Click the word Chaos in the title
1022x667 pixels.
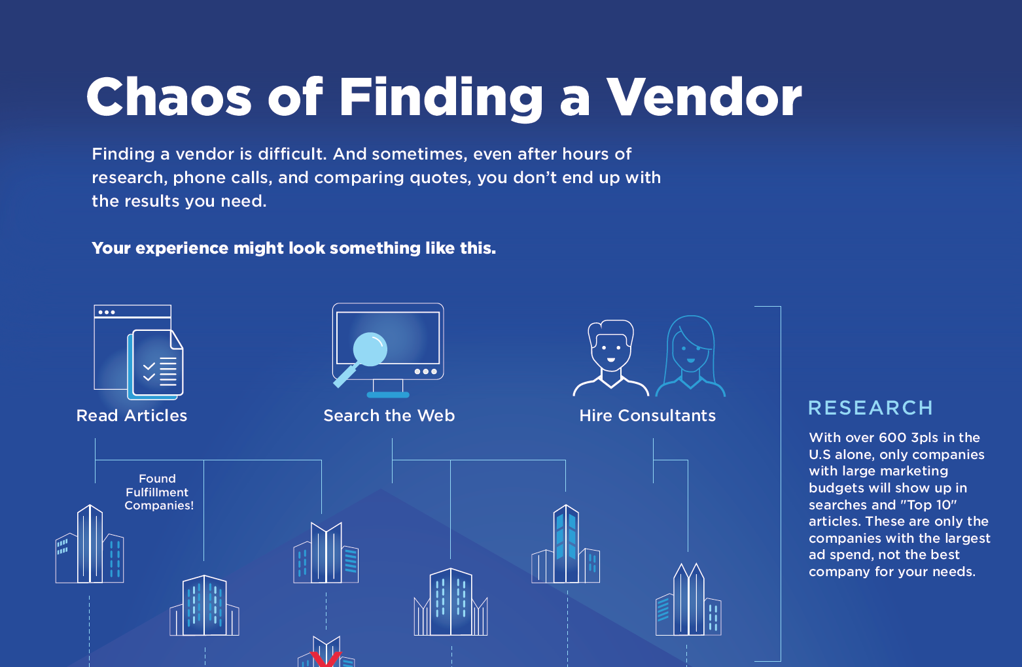(x=169, y=97)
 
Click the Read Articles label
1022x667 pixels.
(x=132, y=415)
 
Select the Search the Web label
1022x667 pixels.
(x=389, y=415)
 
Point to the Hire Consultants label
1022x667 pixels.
(x=647, y=415)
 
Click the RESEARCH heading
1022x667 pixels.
(x=870, y=408)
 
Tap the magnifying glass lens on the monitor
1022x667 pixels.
(x=370, y=349)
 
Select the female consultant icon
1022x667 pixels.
(x=690, y=356)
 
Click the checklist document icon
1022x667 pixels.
(x=156, y=364)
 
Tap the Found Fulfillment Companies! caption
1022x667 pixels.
(x=158, y=492)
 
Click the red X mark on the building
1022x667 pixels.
(x=326, y=659)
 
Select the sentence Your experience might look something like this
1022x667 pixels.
(x=293, y=248)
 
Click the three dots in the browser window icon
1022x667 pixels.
(x=106, y=313)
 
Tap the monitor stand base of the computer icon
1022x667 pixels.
(x=388, y=395)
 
